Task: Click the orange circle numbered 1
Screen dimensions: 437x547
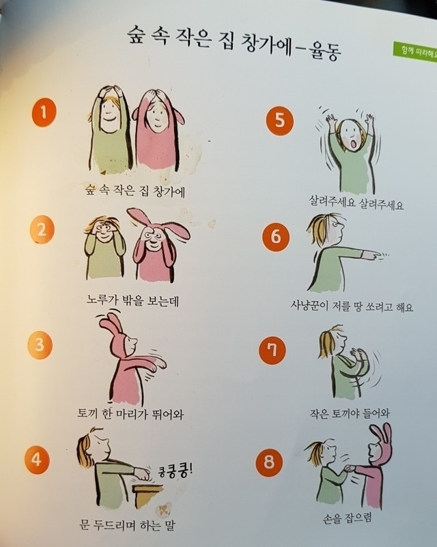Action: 43,112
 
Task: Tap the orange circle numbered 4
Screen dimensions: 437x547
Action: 37,460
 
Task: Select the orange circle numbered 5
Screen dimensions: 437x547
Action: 279,121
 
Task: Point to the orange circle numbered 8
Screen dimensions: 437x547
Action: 269,462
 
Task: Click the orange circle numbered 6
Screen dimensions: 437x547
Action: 276,237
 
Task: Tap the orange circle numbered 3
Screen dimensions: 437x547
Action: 40,345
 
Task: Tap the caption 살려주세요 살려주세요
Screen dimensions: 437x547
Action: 356,203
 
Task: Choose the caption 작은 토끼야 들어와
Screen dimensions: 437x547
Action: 350,414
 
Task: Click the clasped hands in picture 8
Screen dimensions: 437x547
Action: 350,469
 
